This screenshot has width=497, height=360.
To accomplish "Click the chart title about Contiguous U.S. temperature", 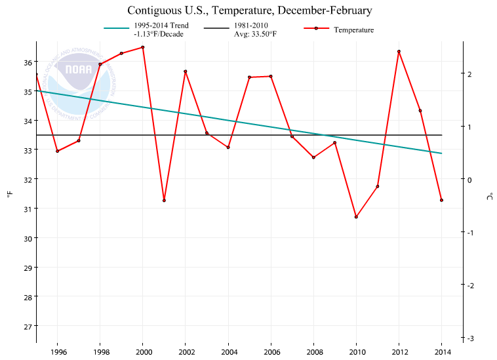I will [249, 10].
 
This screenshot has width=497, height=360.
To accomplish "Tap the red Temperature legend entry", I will [341, 30].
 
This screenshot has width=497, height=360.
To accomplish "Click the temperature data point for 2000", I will [143, 47].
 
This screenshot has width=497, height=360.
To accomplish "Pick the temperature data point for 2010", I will [356, 216].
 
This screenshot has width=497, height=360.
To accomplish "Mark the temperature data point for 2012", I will [399, 51].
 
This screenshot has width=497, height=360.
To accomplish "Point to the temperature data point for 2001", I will [164, 200].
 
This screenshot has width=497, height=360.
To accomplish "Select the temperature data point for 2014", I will [441, 200].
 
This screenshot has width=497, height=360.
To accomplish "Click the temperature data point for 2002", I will [186, 71].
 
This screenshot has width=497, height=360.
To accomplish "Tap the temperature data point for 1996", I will [58, 151].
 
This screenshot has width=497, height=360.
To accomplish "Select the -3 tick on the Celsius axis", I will [471, 338].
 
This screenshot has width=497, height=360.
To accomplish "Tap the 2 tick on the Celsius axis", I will [469, 74].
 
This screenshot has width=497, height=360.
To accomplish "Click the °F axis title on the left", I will [9, 194].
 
